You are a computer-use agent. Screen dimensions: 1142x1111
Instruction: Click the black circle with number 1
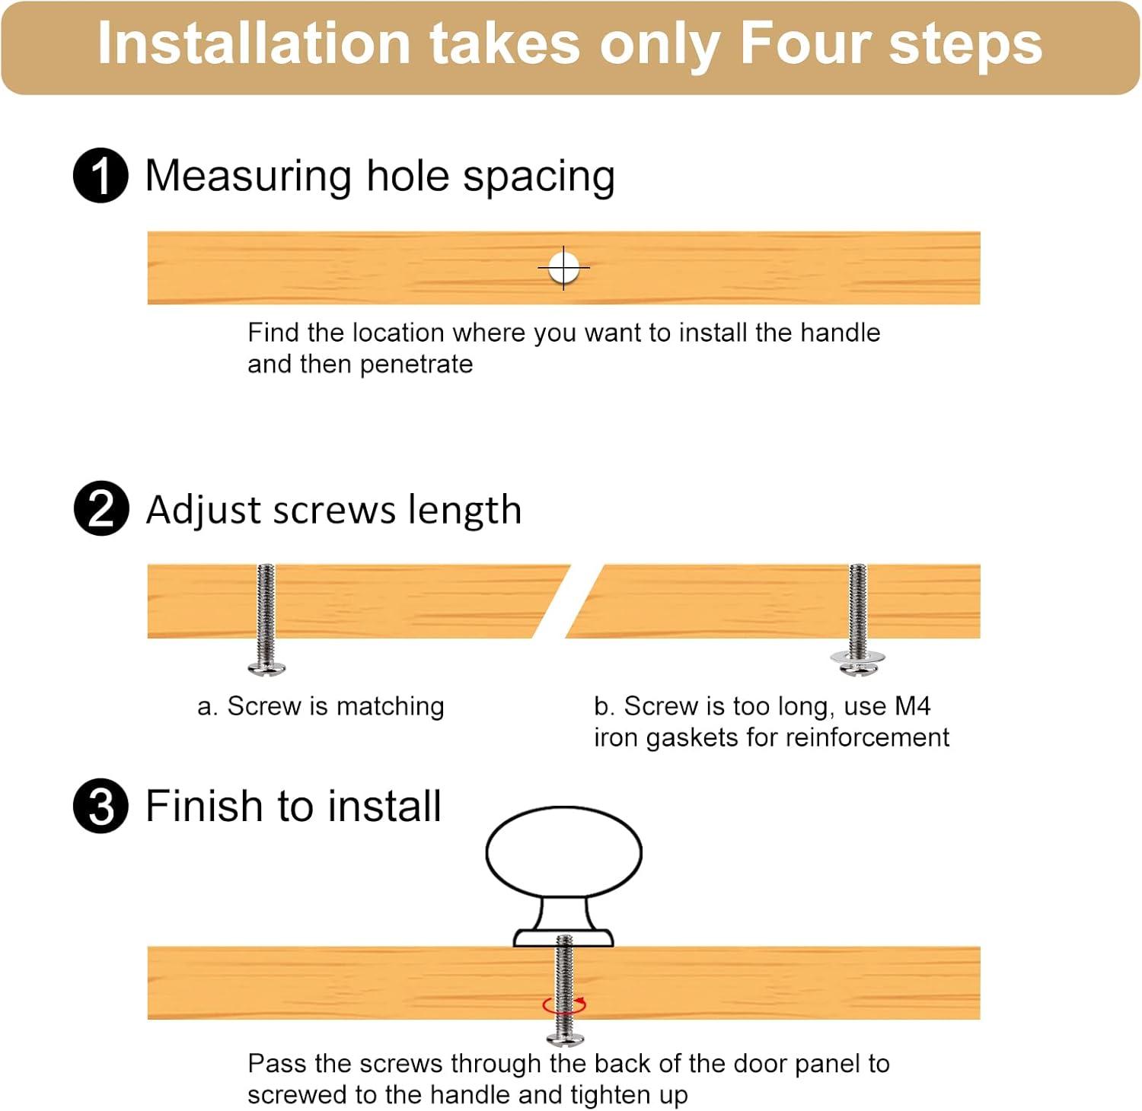pyautogui.click(x=100, y=176)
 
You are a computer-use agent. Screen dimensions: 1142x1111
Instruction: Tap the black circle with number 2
pyautogui.click(x=100, y=508)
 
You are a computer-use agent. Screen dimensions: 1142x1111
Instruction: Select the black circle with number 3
pyautogui.click(x=100, y=806)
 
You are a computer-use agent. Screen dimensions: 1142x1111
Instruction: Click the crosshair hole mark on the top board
pyautogui.click(x=563, y=268)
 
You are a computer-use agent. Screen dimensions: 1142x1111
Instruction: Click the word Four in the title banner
pyautogui.click(x=805, y=43)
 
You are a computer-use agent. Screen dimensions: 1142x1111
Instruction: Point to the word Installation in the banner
pyautogui.click(x=254, y=43)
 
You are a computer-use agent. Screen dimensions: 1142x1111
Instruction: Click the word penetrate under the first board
pyautogui.click(x=416, y=365)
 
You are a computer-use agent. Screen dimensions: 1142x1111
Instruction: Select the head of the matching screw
pyautogui.click(x=266, y=668)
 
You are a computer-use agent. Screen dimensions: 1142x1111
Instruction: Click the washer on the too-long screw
pyautogui.click(x=858, y=656)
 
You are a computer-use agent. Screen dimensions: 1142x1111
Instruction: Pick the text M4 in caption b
pyautogui.click(x=912, y=706)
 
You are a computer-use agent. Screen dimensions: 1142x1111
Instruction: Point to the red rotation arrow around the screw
pyautogui.click(x=564, y=1005)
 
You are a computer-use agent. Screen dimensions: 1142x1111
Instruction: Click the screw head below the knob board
pyautogui.click(x=565, y=1039)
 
